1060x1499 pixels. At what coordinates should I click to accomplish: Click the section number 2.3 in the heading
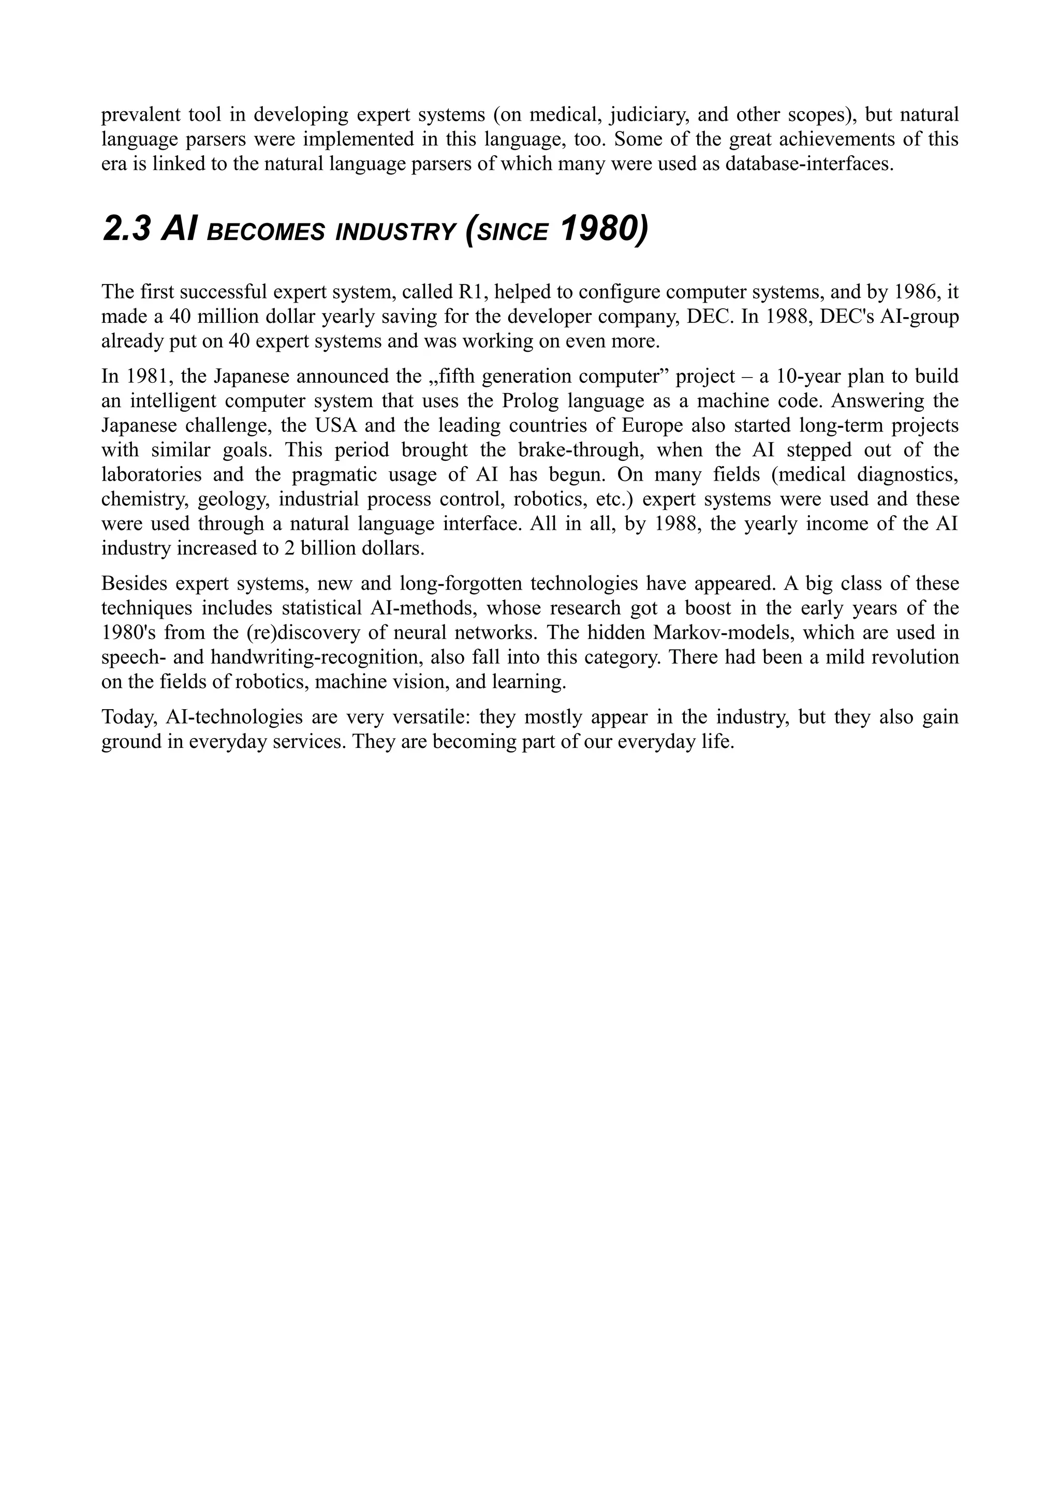click(x=127, y=230)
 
